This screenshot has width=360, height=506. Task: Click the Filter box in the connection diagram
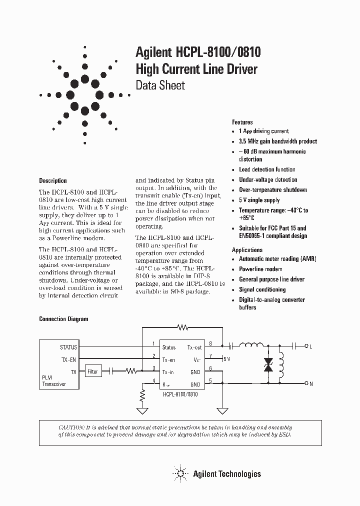click(x=93, y=371)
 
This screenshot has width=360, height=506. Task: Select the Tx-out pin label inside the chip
click(x=194, y=347)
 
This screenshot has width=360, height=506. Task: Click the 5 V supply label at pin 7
click(x=226, y=359)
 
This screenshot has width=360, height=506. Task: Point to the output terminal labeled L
click(x=310, y=346)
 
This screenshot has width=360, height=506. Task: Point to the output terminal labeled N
click(x=310, y=384)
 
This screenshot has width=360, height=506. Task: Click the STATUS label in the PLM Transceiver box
click(x=68, y=346)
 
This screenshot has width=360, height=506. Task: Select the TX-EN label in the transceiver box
click(x=69, y=359)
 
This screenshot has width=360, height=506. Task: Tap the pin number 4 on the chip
click(x=153, y=381)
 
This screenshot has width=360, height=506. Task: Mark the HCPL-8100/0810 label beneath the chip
click(x=180, y=394)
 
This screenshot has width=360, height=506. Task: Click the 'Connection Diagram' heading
click(x=63, y=319)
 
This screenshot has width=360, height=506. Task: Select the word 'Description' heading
click(x=52, y=180)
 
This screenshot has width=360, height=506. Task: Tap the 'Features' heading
click(x=242, y=122)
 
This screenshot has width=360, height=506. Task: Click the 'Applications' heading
click(x=247, y=249)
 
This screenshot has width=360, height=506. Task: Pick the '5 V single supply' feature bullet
click(x=259, y=200)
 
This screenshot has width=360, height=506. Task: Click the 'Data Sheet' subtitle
click(x=160, y=85)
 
